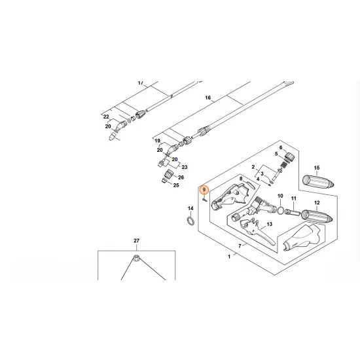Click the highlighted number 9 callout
[x=204, y=190]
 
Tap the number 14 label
[x=190, y=209]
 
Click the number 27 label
[x=137, y=242]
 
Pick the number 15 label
[x=317, y=168]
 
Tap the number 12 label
[x=317, y=203]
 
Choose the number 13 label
[x=251, y=224]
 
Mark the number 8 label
[x=240, y=178]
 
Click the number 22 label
[x=105, y=117]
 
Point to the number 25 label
[x=175, y=185]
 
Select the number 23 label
[x=184, y=168]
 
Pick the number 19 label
[x=157, y=141]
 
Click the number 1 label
[x=229, y=257]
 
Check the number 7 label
[x=240, y=246]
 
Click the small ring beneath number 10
[x=281, y=211]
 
